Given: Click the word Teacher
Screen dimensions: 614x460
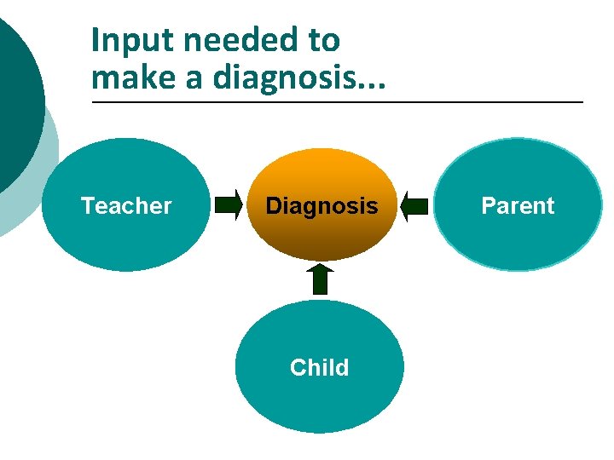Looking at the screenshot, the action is coord(126,206).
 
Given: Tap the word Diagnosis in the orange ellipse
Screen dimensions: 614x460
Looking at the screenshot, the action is coord(321,206).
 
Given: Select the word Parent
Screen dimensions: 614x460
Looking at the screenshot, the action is coord(518,206).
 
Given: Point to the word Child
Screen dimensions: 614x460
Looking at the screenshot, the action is coord(319,368).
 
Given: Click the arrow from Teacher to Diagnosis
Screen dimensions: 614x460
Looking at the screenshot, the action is coord(228,205).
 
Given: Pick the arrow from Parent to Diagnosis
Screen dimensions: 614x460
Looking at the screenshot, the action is coord(414,205).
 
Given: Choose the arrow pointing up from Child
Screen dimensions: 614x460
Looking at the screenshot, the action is coord(320,279).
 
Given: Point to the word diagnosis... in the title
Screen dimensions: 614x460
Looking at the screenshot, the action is coord(298,79).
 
